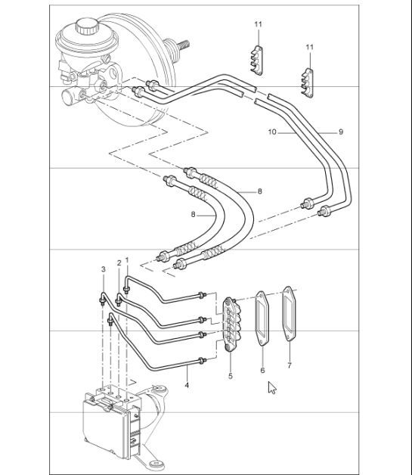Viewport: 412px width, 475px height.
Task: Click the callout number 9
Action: [341, 132]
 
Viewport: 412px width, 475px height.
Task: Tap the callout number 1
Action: [128, 260]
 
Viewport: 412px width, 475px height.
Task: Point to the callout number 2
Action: [118, 262]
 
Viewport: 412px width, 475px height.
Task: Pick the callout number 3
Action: [103, 269]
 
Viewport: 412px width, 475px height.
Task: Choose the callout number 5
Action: [231, 374]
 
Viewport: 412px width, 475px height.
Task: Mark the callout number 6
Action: [262, 371]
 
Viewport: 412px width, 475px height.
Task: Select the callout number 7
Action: [290, 367]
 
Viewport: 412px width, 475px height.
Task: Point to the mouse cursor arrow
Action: [272, 389]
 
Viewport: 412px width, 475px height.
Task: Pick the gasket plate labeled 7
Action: [289, 314]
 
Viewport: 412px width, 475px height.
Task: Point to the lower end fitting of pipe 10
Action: [308, 203]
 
